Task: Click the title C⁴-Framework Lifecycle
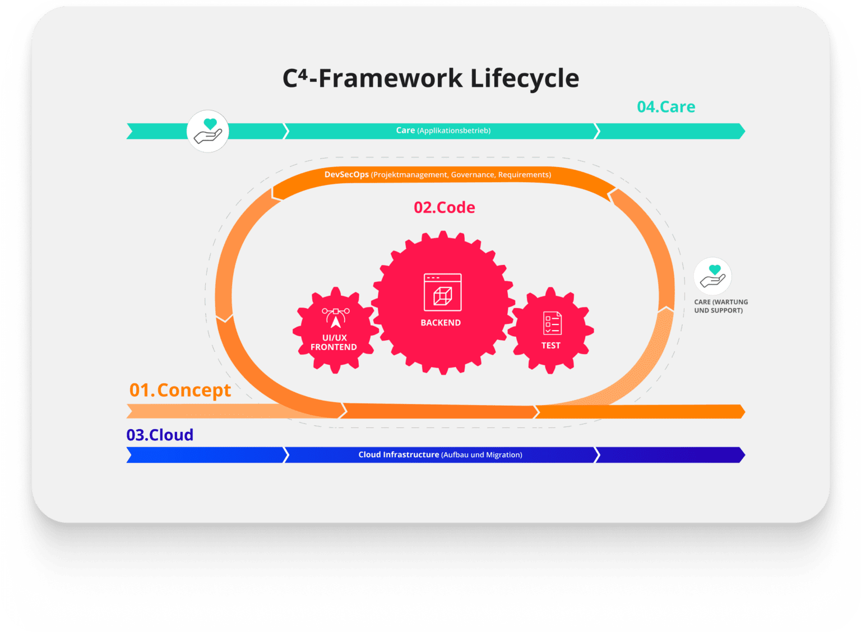click(431, 79)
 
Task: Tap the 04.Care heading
click(666, 107)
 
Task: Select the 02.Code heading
click(445, 207)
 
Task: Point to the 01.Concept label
click(180, 391)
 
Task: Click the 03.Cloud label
click(160, 435)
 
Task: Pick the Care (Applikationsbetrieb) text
click(443, 131)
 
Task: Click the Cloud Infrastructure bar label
click(440, 454)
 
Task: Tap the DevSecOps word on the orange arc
click(346, 175)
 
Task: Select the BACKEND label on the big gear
click(441, 323)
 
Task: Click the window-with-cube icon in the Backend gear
click(442, 292)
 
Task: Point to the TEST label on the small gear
click(551, 345)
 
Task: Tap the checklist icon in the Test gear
click(552, 323)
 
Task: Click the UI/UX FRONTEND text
click(334, 342)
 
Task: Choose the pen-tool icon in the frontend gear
click(336, 318)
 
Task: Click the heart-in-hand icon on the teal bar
click(207, 131)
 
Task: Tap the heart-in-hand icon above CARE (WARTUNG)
click(712, 276)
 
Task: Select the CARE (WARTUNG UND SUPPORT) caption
click(721, 306)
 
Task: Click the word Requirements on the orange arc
click(525, 175)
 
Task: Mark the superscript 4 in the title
click(303, 73)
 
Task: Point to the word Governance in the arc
click(473, 175)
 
